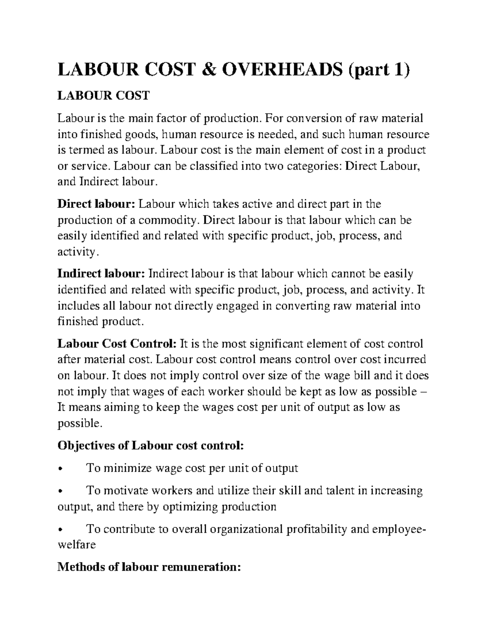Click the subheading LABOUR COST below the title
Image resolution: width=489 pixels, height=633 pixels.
tap(104, 96)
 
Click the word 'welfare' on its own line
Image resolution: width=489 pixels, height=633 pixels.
tap(76, 545)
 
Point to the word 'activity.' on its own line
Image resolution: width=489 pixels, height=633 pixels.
tap(78, 252)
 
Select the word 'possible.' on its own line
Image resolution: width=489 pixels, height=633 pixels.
tap(78, 423)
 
